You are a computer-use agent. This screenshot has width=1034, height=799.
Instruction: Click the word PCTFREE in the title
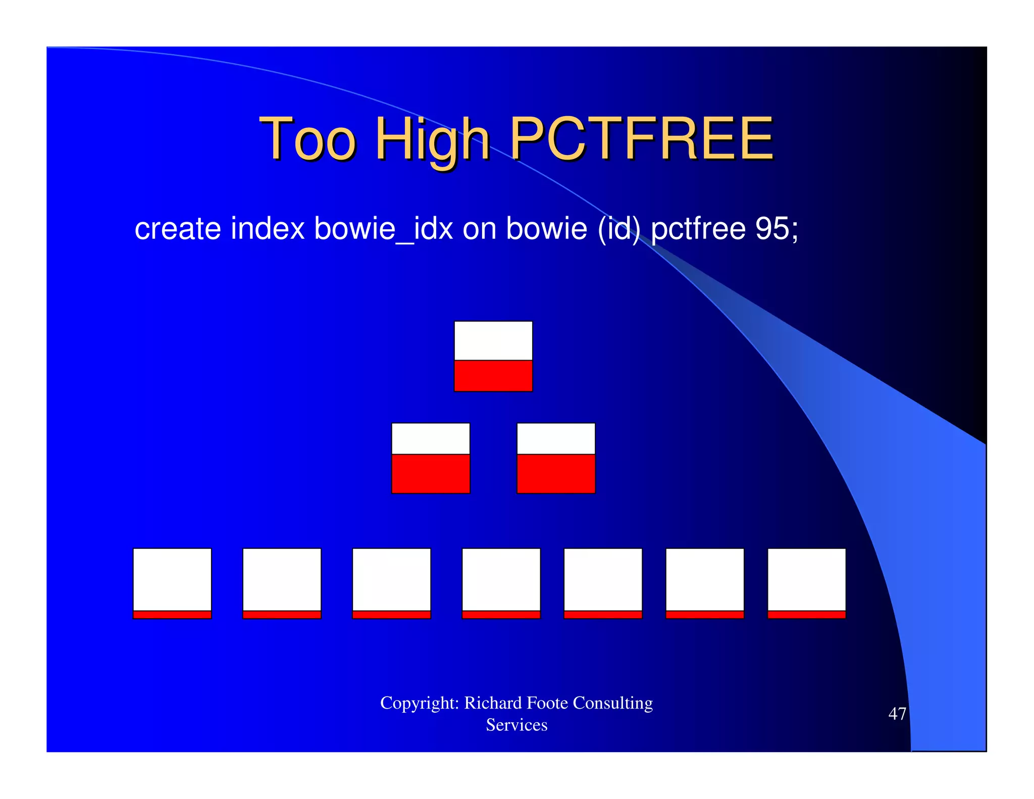click(x=641, y=137)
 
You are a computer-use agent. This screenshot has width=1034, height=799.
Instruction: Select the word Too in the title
click(x=307, y=137)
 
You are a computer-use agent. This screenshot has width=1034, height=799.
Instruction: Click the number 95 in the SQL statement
click(x=772, y=228)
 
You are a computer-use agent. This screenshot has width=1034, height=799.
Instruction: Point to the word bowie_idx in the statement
click(x=383, y=228)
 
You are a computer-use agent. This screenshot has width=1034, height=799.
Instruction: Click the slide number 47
click(x=897, y=714)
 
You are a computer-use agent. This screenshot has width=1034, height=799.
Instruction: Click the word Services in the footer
click(x=516, y=725)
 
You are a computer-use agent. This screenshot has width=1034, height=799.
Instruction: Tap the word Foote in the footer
click(x=547, y=703)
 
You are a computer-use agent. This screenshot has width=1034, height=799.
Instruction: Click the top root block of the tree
click(x=493, y=356)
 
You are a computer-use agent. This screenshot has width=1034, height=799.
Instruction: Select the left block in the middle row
click(x=431, y=458)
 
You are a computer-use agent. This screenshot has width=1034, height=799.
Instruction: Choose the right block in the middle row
click(x=556, y=458)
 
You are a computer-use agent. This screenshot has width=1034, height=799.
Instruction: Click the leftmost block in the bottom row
click(x=172, y=583)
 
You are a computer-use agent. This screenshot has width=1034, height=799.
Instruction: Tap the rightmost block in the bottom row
click(x=806, y=583)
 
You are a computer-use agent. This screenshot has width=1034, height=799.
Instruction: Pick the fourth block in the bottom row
click(x=501, y=583)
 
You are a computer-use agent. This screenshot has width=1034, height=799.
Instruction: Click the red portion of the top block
click(x=493, y=376)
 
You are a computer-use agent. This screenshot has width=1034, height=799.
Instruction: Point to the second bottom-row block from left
click(x=282, y=583)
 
